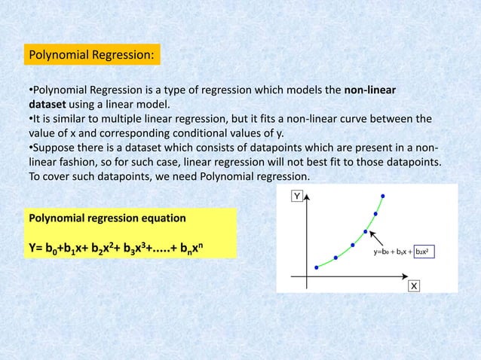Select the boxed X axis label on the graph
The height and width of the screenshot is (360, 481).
(414, 285)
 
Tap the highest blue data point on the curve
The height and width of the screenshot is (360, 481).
(382, 196)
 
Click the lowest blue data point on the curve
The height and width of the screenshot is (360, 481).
(317, 267)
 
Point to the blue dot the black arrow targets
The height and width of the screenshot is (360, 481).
(366, 231)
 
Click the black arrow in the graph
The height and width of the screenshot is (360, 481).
(379, 241)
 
